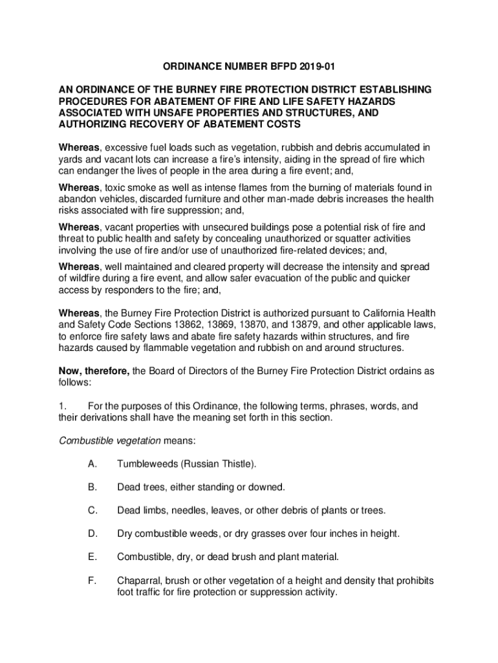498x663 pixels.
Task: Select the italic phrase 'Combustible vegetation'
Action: [110, 441]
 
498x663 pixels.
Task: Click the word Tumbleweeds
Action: [146, 464]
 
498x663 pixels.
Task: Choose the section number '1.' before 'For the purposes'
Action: [63, 406]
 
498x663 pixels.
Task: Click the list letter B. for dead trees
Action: [93, 487]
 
